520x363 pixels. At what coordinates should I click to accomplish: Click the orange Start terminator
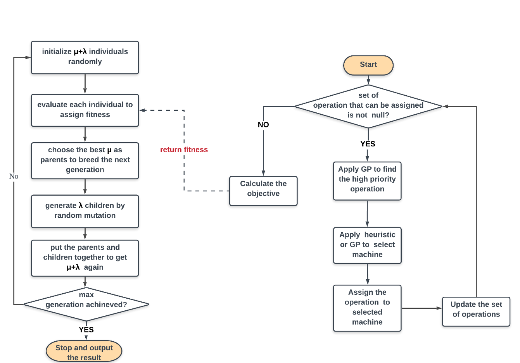point(368,65)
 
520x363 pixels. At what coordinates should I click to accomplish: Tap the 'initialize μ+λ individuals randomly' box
point(85,57)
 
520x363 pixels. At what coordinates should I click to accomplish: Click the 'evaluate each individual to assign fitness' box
point(85,110)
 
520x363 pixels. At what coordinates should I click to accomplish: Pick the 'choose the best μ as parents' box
point(85,160)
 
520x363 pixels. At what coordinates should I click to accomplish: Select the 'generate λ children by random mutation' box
point(85,211)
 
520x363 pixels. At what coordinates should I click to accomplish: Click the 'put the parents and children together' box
point(85,258)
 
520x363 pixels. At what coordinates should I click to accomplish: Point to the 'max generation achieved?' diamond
point(86,304)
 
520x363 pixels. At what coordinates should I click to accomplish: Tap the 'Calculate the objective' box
point(263,191)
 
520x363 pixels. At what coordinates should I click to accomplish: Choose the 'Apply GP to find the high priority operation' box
point(367,181)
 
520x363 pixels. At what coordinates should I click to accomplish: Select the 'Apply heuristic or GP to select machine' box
point(367,245)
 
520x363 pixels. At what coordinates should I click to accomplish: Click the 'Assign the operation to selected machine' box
point(367,308)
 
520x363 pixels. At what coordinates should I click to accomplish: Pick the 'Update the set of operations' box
point(476,311)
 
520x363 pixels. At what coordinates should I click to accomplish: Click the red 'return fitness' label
point(184,150)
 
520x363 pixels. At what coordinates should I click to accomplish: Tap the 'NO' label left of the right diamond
point(263,125)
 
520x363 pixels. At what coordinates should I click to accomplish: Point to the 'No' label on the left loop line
point(14,177)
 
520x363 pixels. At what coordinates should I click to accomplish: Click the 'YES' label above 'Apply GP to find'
point(368,144)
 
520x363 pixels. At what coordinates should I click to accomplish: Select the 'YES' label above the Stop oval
point(86,330)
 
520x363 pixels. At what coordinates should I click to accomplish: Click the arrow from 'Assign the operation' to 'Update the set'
point(422,308)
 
